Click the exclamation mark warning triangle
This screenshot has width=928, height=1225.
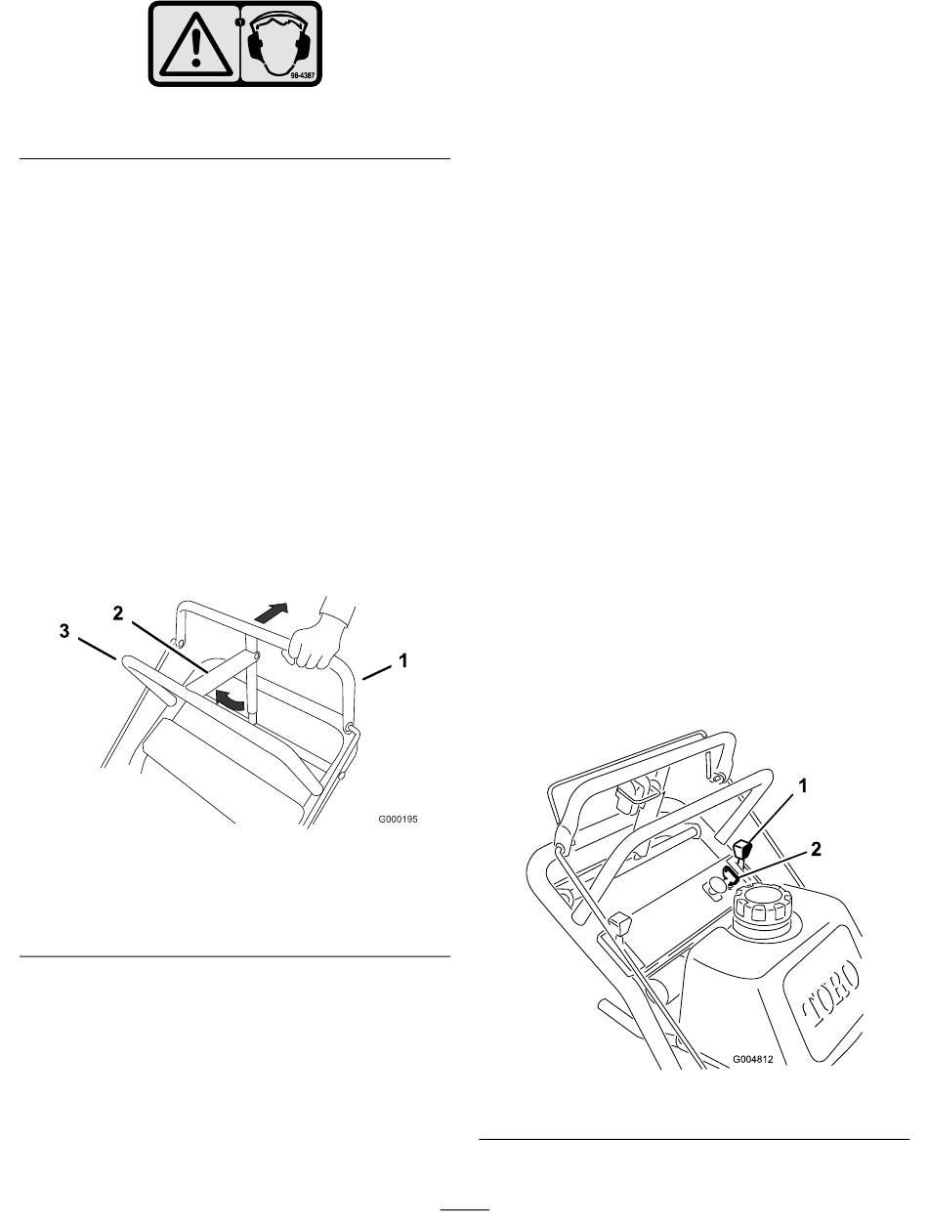[x=195, y=45]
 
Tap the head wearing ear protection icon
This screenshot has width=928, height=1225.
[x=278, y=44]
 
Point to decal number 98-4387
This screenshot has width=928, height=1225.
[x=303, y=74]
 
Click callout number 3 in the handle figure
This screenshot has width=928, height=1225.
[x=64, y=631]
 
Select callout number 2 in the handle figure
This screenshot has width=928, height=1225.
[x=118, y=613]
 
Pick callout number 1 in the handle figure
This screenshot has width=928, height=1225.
[x=402, y=661]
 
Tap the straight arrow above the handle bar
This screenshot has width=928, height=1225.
[x=272, y=612]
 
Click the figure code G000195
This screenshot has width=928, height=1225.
[x=398, y=820]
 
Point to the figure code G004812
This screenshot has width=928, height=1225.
[x=753, y=1059]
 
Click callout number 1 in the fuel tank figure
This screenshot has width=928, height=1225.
[x=803, y=787]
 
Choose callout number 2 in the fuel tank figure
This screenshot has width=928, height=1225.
[x=816, y=850]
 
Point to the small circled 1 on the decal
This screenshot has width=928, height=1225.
[x=239, y=22]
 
